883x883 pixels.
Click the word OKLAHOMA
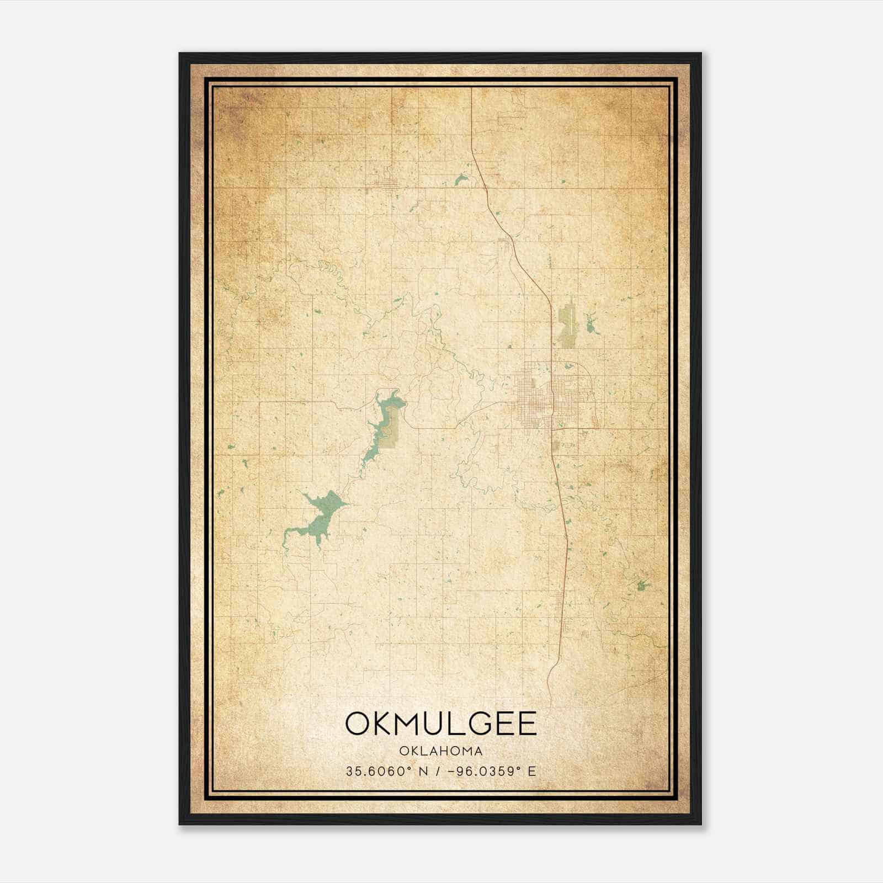441,751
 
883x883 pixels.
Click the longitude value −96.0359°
484,772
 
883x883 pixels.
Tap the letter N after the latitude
423,772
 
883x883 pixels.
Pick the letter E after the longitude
532,772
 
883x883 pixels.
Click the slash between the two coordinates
438,772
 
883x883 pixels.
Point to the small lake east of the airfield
591,326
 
